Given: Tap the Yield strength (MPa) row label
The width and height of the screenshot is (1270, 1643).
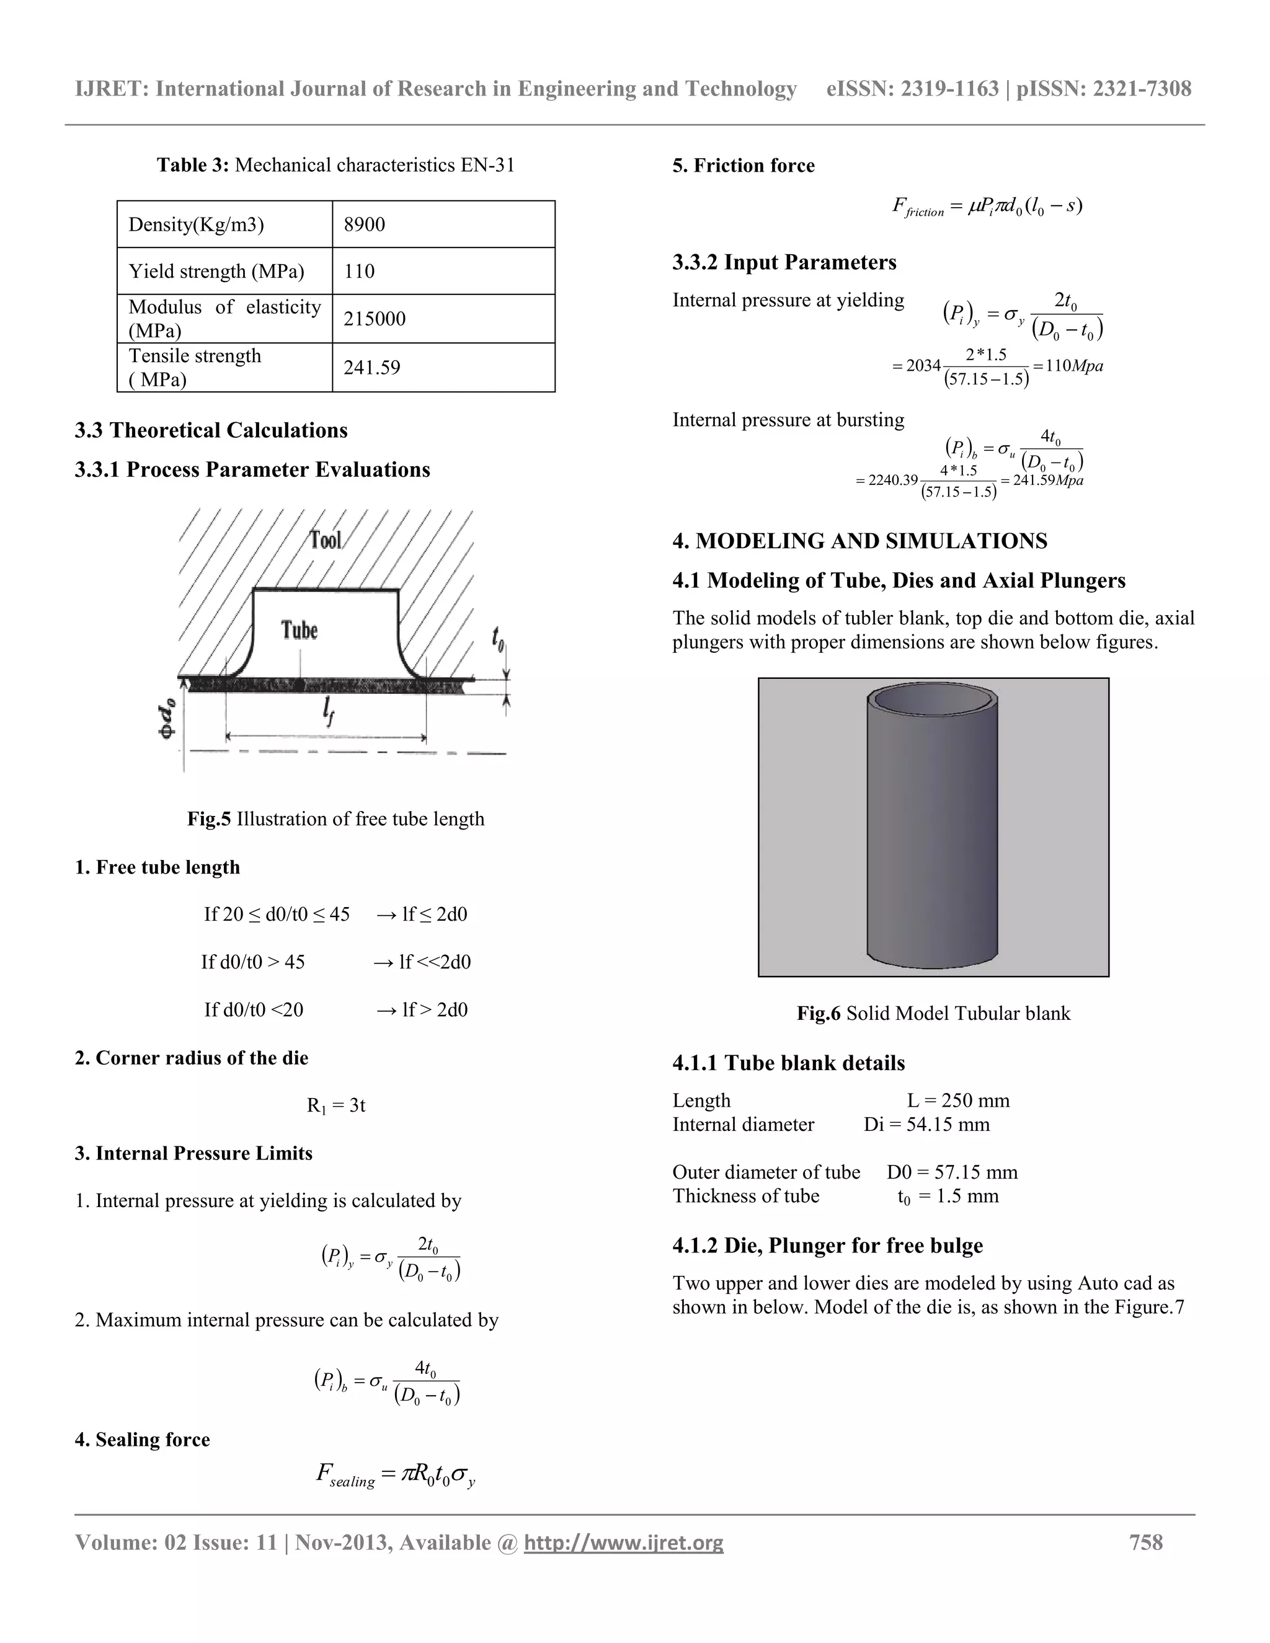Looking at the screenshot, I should click(x=216, y=271).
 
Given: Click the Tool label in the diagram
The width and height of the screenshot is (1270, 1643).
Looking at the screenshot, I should click(x=326, y=539).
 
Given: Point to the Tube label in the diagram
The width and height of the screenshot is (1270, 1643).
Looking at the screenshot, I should click(x=300, y=630).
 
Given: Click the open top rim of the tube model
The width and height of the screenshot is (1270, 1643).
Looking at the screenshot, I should click(x=933, y=699).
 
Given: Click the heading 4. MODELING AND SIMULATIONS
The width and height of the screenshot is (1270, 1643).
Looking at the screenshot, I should click(x=859, y=541).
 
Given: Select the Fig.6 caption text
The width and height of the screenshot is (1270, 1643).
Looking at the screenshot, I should click(x=933, y=1013).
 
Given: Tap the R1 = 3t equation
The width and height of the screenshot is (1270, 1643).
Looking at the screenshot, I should click(x=335, y=1105).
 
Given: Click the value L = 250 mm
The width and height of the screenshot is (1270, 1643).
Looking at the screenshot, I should click(x=957, y=1100).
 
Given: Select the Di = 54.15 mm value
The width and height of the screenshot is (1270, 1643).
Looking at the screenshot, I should click(x=926, y=1125).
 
